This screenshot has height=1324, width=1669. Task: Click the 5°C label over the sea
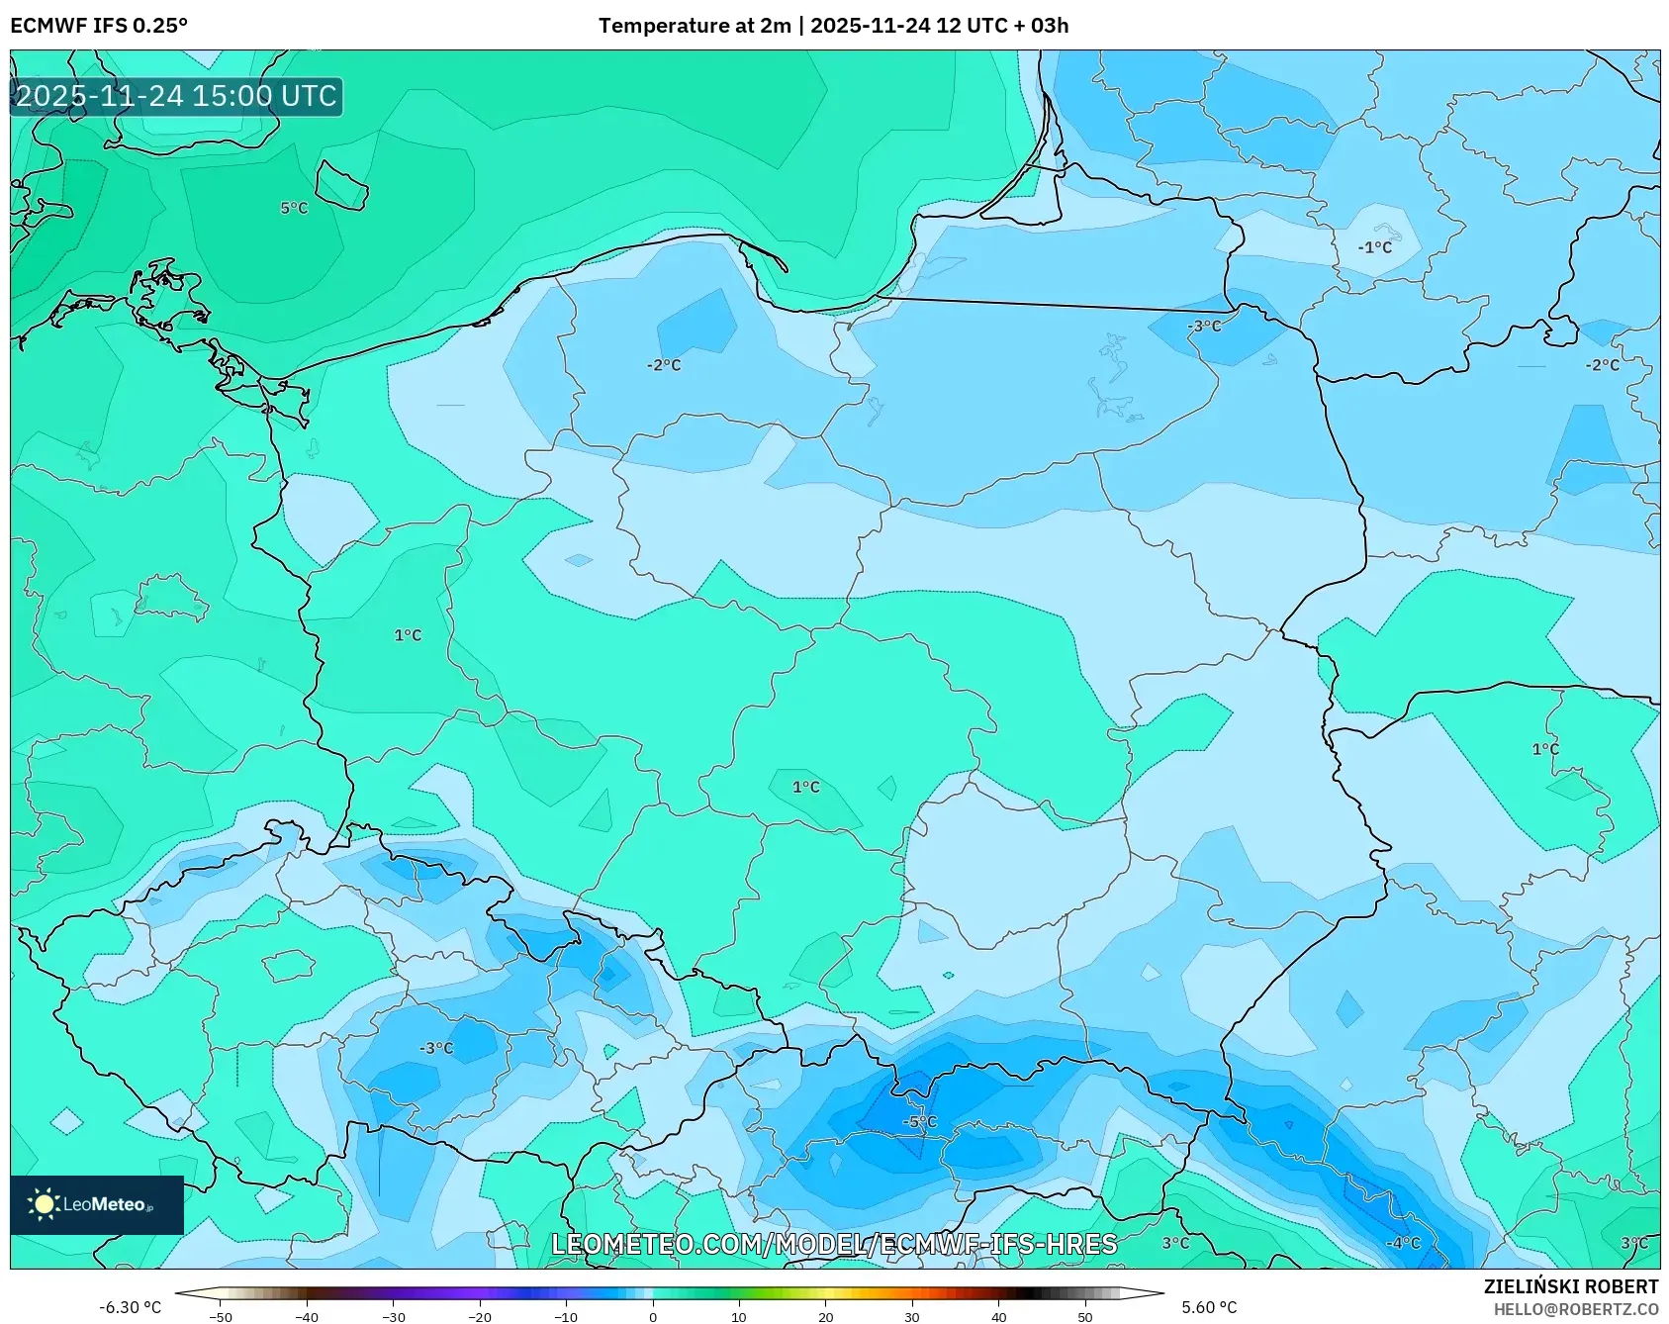coord(294,208)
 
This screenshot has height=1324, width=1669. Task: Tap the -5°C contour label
coord(919,1121)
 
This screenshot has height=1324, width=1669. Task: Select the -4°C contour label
coord(1403,1243)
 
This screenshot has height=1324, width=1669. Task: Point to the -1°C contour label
coord(1374,247)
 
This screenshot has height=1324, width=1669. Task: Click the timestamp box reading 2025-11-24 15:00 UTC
coord(177,96)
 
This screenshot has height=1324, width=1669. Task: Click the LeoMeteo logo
coord(96,1204)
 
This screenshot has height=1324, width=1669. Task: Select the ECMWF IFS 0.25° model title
coord(99,26)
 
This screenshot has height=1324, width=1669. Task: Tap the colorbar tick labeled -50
coord(221,1316)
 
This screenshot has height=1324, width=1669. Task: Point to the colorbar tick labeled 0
coord(652,1316)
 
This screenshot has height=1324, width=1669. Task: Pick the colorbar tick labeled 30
coord(911,1316)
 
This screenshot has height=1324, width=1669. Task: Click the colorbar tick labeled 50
coord(1084,1316)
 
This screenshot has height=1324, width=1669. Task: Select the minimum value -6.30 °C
coord(130,1307)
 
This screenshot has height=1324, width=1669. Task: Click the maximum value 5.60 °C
coord(1209,1307)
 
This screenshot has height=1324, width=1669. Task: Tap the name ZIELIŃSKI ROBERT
coord(1570,1286)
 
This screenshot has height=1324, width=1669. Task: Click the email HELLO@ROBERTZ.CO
coord(1575,1309)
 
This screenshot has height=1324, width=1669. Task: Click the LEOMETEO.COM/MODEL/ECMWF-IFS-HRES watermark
coord(834,1244)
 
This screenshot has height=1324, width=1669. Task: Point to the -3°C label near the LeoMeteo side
coord(436,1048)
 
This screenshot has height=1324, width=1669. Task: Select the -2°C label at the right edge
coord(1603,364)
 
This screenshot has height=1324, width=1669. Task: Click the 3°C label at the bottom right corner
coord(1633,1243)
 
